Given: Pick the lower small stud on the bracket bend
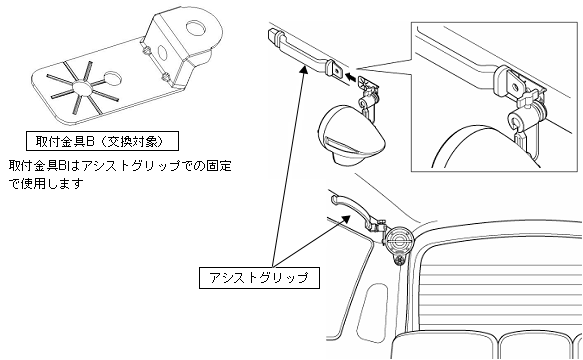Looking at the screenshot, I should (x=162, y=77).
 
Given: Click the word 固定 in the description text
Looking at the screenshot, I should (x=221, y=164).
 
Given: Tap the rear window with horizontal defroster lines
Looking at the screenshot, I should (x=500, y=270).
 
